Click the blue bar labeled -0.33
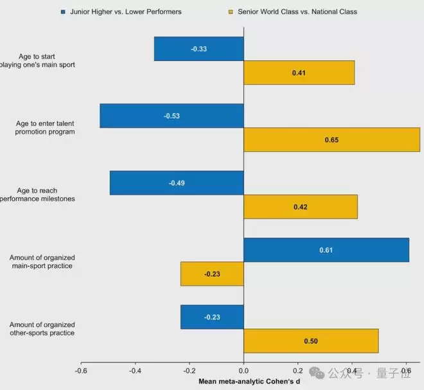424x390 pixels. point(199,49)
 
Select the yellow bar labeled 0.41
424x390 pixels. point(299,73)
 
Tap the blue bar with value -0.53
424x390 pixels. point(172,116)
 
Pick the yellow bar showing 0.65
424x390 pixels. point(331,139)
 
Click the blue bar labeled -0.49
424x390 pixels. point(177,183)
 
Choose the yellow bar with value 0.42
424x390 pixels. point(300,207)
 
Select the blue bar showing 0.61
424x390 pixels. point(326,250)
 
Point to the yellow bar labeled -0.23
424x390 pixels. point(212,274)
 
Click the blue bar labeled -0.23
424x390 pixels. point(212,317)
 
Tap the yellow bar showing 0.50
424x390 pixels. point(311,341)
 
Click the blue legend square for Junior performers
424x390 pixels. point(63,12)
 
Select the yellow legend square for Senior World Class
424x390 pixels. point(230,12)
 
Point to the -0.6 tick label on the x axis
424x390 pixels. point(81,371)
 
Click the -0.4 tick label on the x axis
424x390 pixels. point(135,371)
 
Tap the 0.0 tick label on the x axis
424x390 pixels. point(243,371)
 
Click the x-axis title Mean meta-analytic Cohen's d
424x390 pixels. point(249,382)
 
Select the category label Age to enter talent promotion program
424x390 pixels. point(45,127)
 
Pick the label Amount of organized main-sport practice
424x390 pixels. point(42,261)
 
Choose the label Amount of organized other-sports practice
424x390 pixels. point(42,328)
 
